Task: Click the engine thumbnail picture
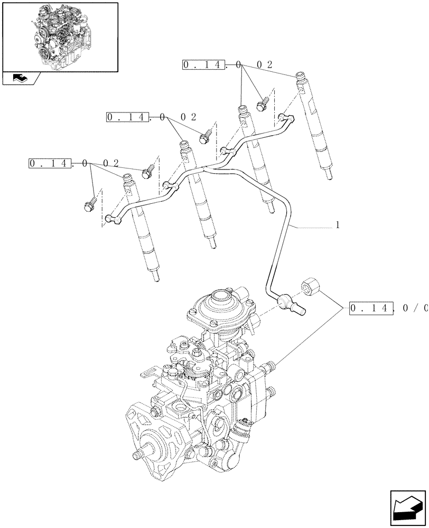[x=60, y=36]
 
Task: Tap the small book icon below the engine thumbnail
[x=20, y=78]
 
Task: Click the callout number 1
[x=338, y=225]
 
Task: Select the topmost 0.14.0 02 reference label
[x=227, y=65]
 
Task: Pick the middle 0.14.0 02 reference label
[x=151, y=117]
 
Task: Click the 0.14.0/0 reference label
[x=388, y=308]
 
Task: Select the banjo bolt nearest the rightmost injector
[x=262, y=105]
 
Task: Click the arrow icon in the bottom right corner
[x=408, y=506]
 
